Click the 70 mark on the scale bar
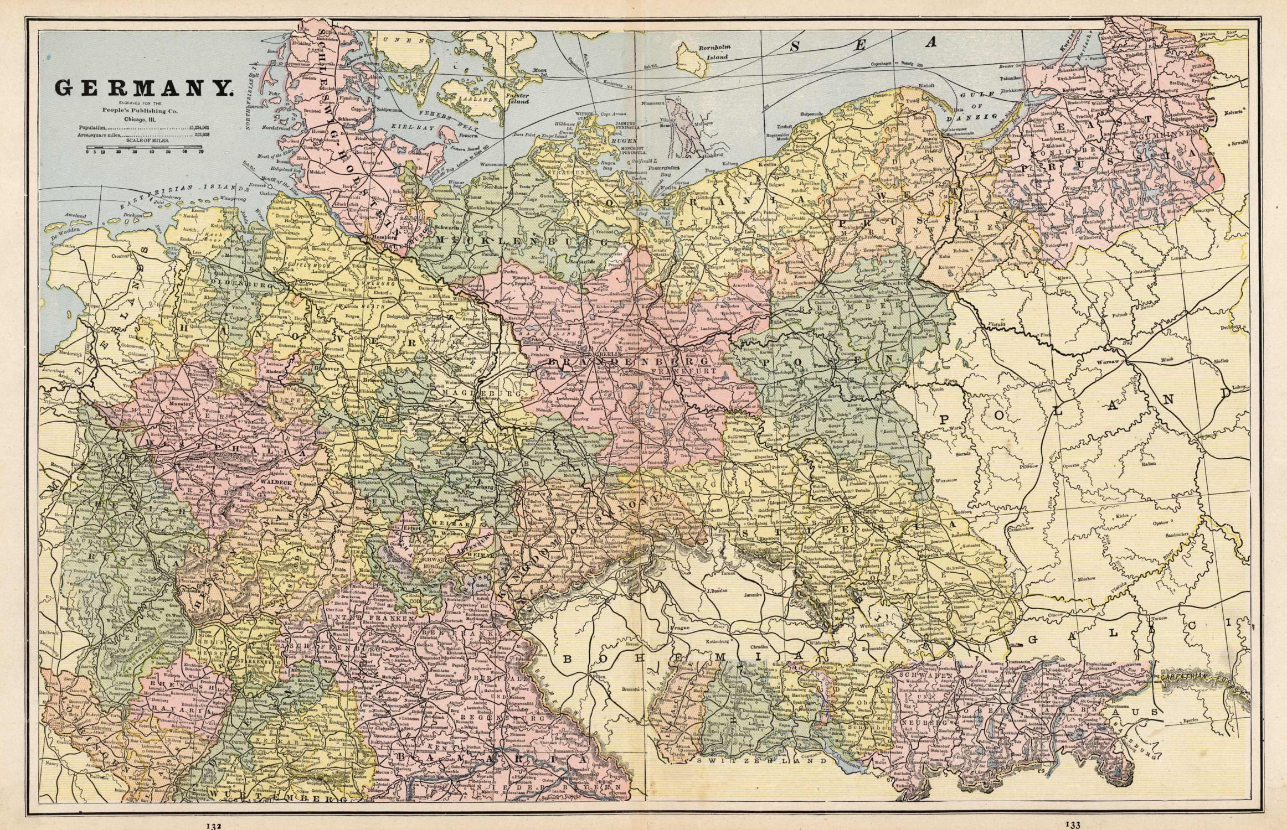[202, 151]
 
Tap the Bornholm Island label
[714, 51]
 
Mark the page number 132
[214, 825]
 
